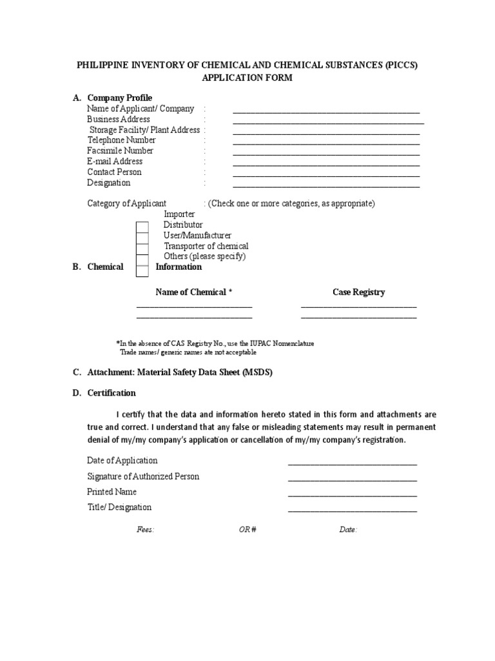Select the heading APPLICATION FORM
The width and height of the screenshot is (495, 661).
247,77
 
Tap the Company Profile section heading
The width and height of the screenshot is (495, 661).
119,98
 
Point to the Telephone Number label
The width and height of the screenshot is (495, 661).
121,140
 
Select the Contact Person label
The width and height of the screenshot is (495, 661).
114,172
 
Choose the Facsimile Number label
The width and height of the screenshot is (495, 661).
120,151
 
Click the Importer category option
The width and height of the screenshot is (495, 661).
179,214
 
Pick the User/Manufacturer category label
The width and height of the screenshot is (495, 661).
197,236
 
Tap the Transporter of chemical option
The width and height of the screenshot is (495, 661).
206,246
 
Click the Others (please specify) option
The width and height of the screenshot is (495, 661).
204,256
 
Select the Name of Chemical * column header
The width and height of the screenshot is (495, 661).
194,292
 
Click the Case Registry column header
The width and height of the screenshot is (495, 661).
358,292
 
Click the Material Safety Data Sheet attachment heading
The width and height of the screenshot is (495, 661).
180,372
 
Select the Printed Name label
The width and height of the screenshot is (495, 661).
112,492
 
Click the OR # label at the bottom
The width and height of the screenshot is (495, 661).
247,530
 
